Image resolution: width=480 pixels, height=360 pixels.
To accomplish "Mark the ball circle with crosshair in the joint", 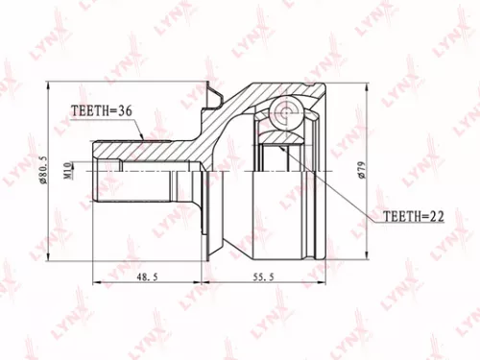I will point(284,113).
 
